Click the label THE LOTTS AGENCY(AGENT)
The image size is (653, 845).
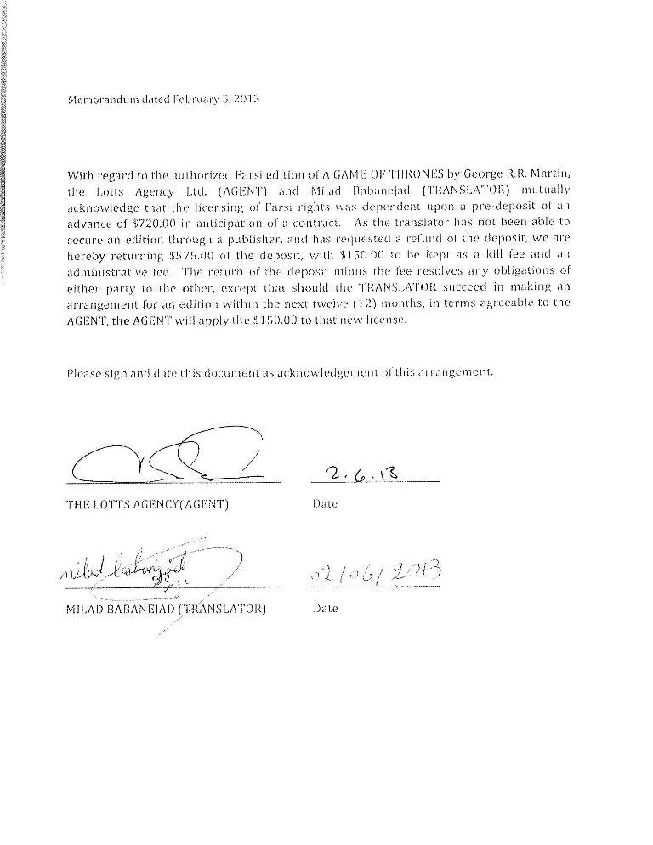tap(147, 504)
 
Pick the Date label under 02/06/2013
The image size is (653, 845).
tap(326, 609)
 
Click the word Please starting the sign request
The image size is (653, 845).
tap(84, 372)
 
